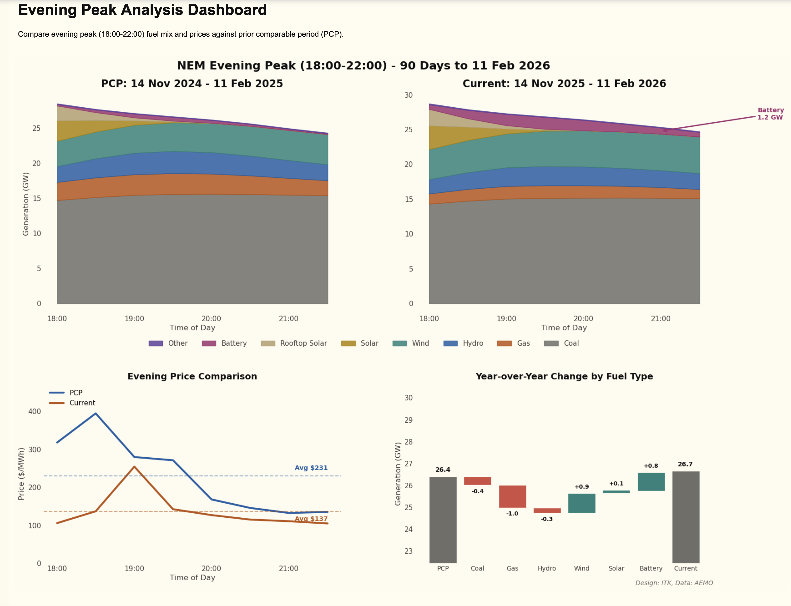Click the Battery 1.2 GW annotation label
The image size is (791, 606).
(x=770, y=114)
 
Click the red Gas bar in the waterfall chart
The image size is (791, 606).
(x=512, y=496)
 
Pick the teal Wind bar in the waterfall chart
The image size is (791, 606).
(x=582, y=503)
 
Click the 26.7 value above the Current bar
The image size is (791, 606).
(x=685, y=464)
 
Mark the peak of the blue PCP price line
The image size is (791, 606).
(x=96, y=413)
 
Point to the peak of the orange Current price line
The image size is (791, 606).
(x=134, y=467)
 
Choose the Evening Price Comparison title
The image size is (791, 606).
(x=192, y=376)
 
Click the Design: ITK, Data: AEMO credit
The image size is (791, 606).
(x=674, y=583)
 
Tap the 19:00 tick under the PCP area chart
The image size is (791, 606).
(x=134, y=319)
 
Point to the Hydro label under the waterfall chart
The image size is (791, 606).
(x=547, y=568)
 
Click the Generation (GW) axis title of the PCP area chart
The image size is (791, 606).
(x=26, y=204)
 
